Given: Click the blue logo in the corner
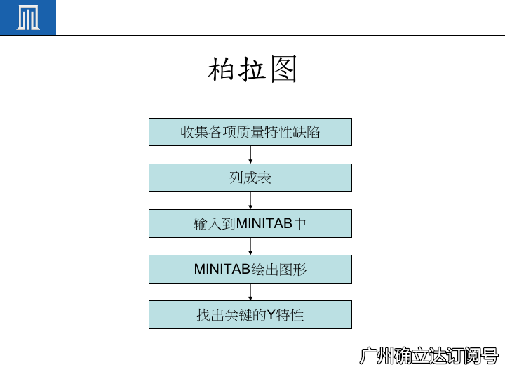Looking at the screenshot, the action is [x=27, y=18].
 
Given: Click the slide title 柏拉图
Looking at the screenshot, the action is [x=252, y=69].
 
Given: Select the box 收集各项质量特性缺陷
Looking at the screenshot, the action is [x=250, y=132].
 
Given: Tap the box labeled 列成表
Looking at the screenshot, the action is [x=250, y=178].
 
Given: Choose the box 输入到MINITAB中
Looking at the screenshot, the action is [x=250, y=224].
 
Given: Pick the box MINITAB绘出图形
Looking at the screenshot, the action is [x=250, y=269].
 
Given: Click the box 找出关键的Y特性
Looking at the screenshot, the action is [x=250, y=315].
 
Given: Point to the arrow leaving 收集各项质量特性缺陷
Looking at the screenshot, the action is [x=250, y=154].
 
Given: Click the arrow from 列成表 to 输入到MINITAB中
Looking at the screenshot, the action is [x=250, y=201].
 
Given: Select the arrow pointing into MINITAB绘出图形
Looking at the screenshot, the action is [x=250, y=246].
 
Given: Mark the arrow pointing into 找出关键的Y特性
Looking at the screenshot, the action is [x=250, y=292].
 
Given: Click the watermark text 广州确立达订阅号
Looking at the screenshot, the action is [x=429, y=356].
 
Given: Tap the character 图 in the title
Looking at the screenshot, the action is [x=283, y=69].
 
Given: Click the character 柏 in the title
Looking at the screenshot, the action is [x=221, y=69].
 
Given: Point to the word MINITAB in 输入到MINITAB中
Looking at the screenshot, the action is [x=264, y=224].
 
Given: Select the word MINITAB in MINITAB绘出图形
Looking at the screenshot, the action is [x=222, y=269].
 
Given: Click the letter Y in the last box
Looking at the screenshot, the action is [x=271, y=315].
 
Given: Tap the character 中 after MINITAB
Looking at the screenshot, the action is [x=299, y=224].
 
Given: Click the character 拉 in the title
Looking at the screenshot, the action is [x=252, y=69].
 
